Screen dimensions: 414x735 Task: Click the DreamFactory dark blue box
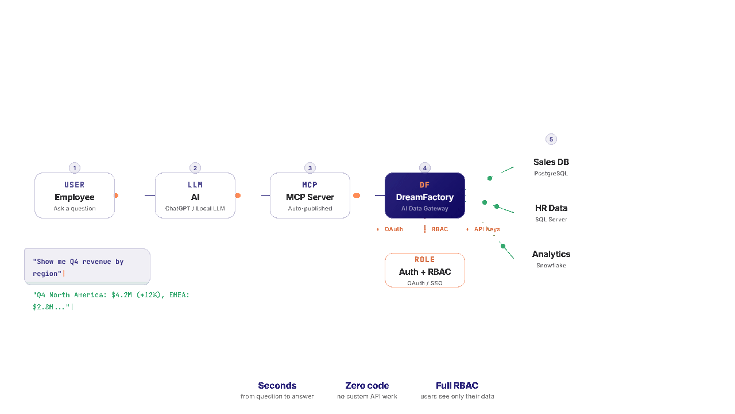click(x=424, y=195)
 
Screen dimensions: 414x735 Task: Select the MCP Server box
click(x=310, y=195)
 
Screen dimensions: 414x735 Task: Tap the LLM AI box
click(x=195, y=195)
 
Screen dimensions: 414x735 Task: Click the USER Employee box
click(x=75, y=195)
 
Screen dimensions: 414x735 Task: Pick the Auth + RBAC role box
click(x=424, y=270)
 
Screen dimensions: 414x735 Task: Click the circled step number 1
click(x=75, y=168)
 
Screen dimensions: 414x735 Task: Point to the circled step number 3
click(x=310, y=168)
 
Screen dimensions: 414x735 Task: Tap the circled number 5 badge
click(x=551, y=139)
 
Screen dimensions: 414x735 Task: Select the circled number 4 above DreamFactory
click(x=424, y=168)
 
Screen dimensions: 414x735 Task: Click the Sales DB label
click(x=551, y=162)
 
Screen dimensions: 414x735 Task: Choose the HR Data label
click(x=551, y=208)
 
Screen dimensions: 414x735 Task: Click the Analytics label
click(x=551, y=254)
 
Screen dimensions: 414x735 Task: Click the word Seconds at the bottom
click(x=277, y=385)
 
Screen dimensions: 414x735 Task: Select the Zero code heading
click(x=367, y=385)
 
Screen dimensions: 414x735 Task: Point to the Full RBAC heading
click(x=457, y=385)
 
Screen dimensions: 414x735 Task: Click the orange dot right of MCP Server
click(x=357, y=195)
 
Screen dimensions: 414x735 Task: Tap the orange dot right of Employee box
click(x=116, y=195)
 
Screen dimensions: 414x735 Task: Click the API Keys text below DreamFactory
click(x=485, y=229)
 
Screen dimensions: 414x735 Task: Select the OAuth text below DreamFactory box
click(x=393, y=229)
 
